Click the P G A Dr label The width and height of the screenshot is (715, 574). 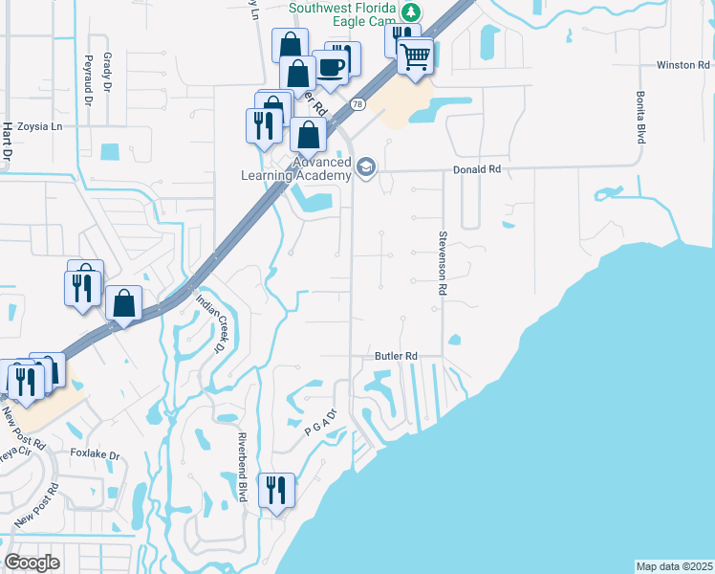(x=322, y=426)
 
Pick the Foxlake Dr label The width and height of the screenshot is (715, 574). (x=96, y=455)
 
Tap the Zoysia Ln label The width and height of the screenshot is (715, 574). (x=39, y=126)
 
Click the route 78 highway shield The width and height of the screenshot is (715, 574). (x=357, y=103)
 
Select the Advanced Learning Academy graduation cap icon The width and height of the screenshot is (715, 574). (x=364, y=168)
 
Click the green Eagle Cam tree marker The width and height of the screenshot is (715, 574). (x=411, y=12)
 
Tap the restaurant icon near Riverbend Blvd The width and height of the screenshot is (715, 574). (x=276, y=491)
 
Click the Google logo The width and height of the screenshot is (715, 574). (x=32, y=562)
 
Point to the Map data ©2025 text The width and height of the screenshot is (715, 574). (x=674, y=566)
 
